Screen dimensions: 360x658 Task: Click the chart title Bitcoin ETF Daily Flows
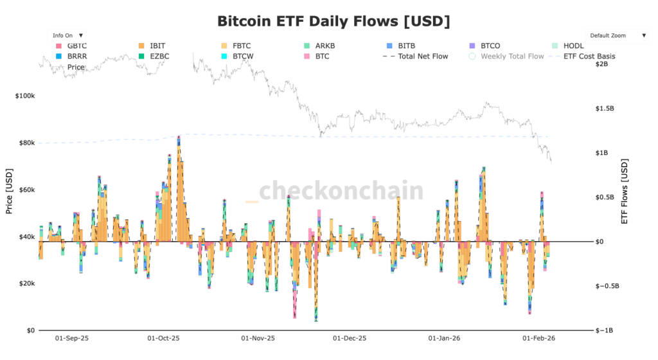pos(333,21)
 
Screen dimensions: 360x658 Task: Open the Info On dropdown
pos(67,35)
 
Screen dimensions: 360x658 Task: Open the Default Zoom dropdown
pos(618,35)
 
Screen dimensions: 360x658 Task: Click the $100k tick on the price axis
pos(24,96)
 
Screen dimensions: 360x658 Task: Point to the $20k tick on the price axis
pos(26,283)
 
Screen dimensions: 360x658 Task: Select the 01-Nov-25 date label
pos(258,337)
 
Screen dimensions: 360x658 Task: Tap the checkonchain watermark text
pos(341,191)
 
